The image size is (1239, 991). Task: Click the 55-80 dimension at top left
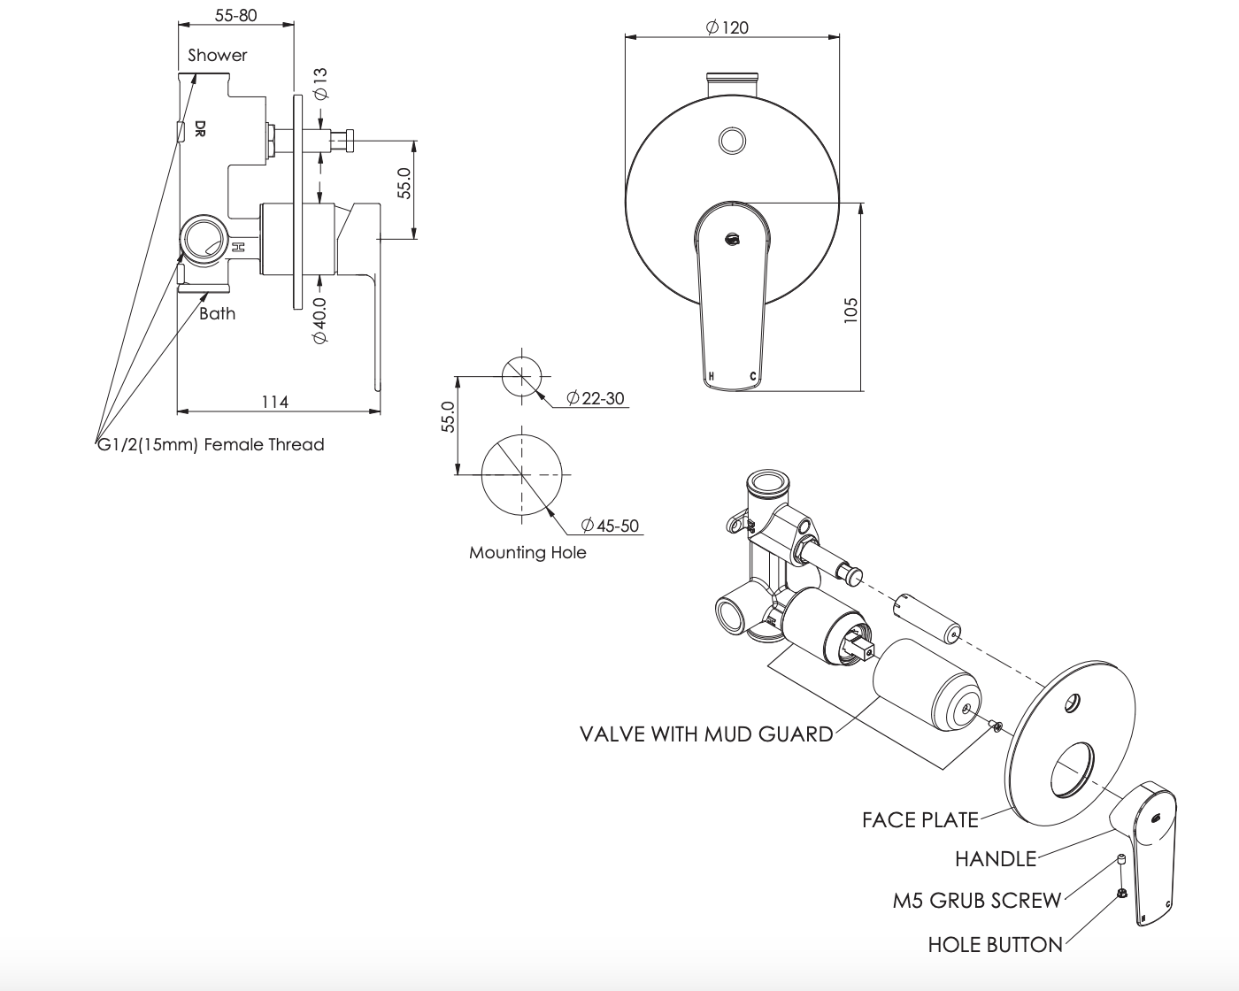[x=236, y=16]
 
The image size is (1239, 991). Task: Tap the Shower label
[x=218, y=55]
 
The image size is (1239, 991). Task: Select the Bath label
[x=217, y=313]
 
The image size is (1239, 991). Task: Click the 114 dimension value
[x=274, y=402]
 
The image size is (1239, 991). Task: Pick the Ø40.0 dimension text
[x=319, y=320]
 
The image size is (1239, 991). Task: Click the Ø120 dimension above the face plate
[x=727, y=27]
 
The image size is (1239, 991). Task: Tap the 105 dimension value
[x=851, y=310]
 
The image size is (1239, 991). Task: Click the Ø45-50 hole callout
[x=610, y=526]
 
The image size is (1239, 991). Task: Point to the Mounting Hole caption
[x=527, y=553]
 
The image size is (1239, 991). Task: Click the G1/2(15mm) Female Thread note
[x=211, y=445]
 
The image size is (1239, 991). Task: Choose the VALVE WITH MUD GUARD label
[x=706, y=734]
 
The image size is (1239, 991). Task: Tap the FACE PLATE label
[x=920, y=820]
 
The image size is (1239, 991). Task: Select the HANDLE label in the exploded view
[x=996, y=858]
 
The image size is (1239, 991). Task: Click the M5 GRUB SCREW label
[x=977, y=901]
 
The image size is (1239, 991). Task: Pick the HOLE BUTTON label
[x=996, y=945]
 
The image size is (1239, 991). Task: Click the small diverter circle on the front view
[x=732, y=140]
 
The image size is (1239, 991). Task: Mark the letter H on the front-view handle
[x=712, y=377]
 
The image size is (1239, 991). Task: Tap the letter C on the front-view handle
[x=753, y=377]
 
